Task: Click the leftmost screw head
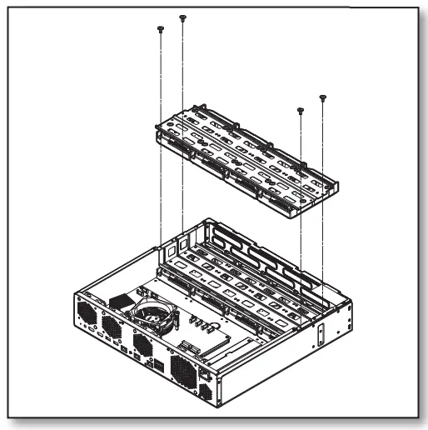point(159,28)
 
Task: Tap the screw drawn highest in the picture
point(182,17)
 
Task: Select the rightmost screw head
point(323,97)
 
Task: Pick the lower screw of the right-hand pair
point(300,108)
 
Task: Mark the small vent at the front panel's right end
point(206,388)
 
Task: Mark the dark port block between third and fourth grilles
point(157,365)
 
